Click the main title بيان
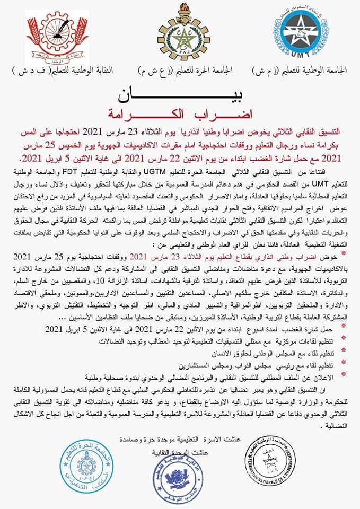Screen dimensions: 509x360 pyautogui.click(x=179, y=95)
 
